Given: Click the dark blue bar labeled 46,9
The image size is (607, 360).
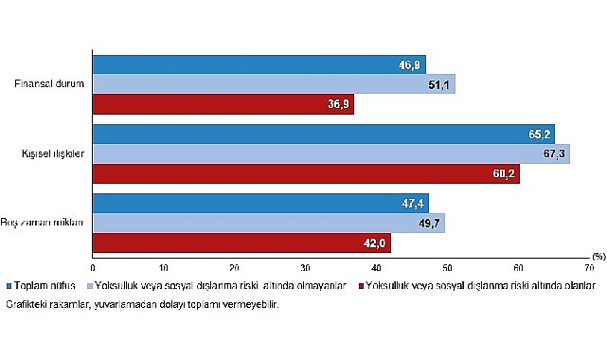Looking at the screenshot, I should pos(259,64).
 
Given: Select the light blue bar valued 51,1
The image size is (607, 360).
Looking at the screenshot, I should pos(274,84).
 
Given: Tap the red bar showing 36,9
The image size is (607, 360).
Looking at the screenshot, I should pos(223,105).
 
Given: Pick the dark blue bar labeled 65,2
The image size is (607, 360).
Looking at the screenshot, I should pos(323,134).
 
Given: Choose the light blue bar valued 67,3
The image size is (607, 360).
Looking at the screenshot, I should pos(330,153).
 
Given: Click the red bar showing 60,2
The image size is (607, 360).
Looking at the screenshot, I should pos(306,174).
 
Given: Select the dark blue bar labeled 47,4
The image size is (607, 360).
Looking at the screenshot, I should pos(260,203).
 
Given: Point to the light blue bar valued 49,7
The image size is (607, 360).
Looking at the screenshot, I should pos(268,223).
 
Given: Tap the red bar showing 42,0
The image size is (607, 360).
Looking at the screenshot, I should pos(241,243).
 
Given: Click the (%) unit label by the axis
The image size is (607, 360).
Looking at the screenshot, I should pos(598,257).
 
